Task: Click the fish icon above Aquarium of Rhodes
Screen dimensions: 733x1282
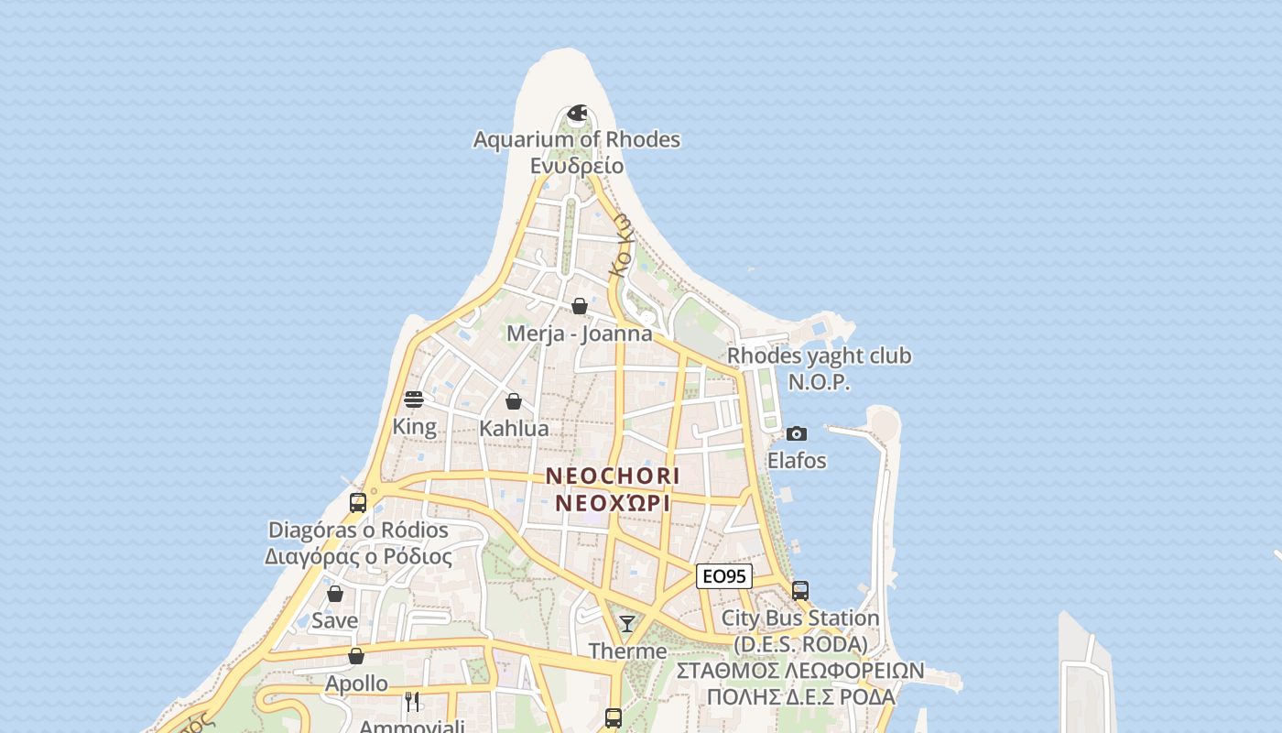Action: pos(577,114)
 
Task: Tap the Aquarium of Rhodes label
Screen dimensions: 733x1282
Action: pos(577,140)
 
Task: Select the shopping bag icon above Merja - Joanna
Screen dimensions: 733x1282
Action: pos(580,306)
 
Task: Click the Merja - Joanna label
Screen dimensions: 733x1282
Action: pos(580,334)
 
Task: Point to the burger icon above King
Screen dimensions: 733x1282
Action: pos(414,399)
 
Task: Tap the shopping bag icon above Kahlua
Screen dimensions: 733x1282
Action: pos(514,401)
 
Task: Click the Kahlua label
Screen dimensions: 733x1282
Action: pos(514,428)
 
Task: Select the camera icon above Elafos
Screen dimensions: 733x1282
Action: pos(797,433)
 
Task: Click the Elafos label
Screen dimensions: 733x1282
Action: pos(797,460)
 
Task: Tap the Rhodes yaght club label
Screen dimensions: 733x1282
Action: pos(819,356)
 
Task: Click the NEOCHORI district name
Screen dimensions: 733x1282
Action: pos(613,476)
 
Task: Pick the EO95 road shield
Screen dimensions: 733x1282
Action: pos(724,576)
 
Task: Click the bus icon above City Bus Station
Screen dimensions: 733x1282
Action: pos(800,591)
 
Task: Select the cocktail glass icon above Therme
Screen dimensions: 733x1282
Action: pos(627,624)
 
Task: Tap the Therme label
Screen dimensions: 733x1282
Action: pos(627,651)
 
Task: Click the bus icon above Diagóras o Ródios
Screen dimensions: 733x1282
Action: pos(358,502)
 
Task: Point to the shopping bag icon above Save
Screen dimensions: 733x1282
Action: pos(335,594)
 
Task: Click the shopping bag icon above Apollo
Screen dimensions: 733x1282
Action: pos(356,656)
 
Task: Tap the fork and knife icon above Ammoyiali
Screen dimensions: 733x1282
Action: pos(412,702)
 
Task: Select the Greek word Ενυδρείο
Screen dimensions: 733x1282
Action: pos(577,166)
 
